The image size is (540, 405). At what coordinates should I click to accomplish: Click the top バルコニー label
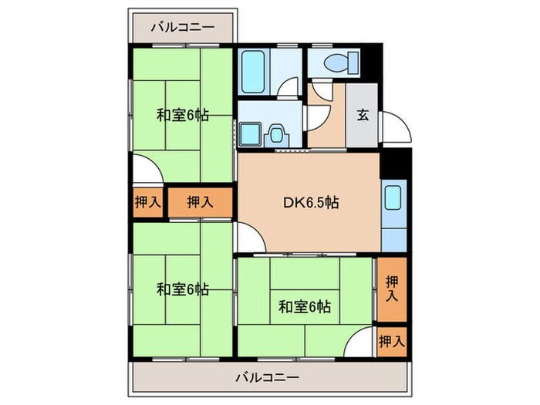point(182,27)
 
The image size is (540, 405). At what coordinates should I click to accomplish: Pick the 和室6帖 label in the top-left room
point(182,116)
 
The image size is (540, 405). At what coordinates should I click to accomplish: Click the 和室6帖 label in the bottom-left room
point(182,289)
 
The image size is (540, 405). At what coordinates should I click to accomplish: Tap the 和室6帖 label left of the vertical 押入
point(304,306)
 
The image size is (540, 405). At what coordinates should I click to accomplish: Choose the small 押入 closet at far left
point(147,203)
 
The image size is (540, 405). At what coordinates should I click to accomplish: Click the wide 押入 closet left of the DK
point(200,203)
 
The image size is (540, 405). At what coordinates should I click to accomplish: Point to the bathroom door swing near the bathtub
point(289,86)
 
